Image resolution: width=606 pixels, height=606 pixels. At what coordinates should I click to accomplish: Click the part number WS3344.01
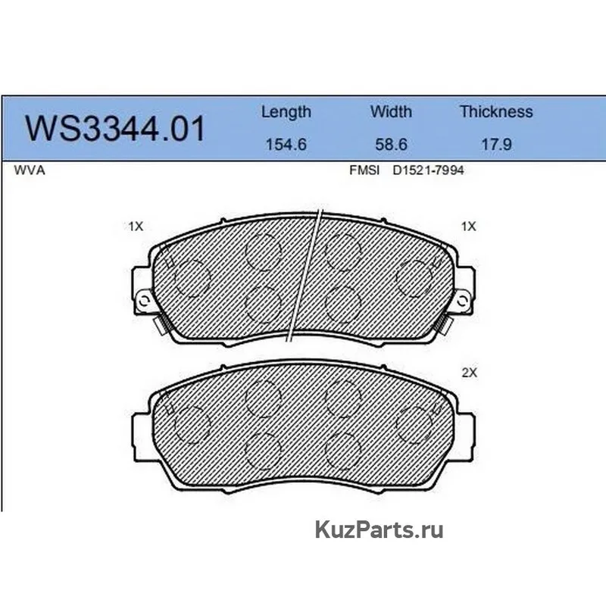[115, 128]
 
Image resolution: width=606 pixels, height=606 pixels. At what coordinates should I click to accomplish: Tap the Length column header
[286, 112]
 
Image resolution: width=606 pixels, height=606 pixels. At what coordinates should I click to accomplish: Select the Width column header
[391, 111]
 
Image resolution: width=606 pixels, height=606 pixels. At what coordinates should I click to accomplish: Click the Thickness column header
[496, 111]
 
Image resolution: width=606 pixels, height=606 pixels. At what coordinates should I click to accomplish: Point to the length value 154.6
[286, 145]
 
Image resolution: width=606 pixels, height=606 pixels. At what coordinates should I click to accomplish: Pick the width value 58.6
[391, 145]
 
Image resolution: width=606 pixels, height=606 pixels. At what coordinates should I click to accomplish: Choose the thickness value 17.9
[496, 145]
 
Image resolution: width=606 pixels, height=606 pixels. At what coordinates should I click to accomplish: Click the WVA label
[30, 170]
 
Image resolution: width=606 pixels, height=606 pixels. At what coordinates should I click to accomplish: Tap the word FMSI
[364, 170]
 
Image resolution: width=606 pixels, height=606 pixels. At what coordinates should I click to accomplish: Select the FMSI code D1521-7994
[428, 170]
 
